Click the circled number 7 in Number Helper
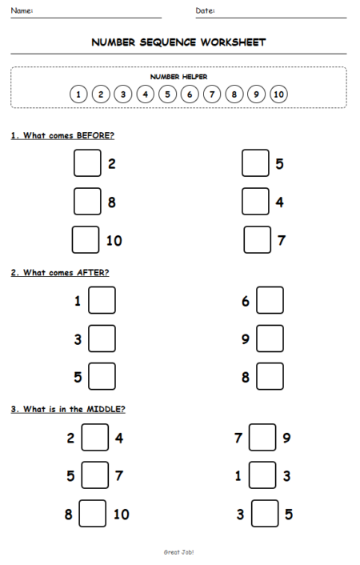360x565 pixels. coord(212,94)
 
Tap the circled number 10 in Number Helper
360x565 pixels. coord(278,94)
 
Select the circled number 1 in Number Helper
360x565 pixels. coord(78,94)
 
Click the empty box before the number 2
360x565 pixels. coord(87,163)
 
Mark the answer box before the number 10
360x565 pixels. coord(86,240)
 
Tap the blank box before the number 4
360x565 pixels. coord(255,202)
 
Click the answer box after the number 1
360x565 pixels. coord(102,301)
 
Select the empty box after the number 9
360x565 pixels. coord(270,339)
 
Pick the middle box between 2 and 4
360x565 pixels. coord(96,438)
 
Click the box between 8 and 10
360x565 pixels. coord(92,514)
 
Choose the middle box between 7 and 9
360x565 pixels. coord(262,438)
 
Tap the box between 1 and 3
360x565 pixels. coord(262,476)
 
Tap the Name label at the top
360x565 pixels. coord(22,10)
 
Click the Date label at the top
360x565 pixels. coord(205,10)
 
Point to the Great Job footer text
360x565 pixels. coord(179,552)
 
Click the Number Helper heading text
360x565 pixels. coord(178,77)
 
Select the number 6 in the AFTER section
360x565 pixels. coord(246,301)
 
